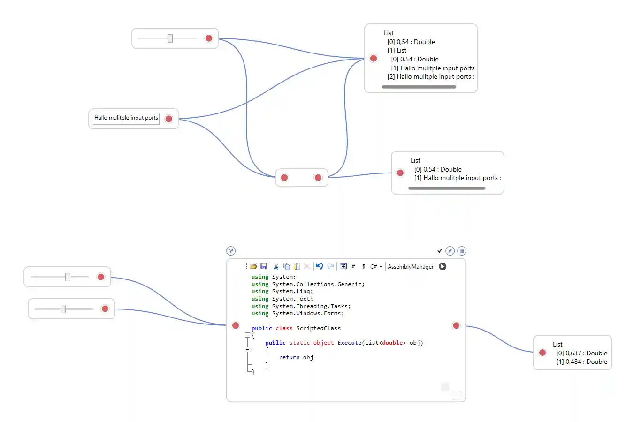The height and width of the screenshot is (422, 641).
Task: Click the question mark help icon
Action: (x=231, y=251)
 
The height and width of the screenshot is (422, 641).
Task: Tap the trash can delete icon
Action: (x=462, y=251)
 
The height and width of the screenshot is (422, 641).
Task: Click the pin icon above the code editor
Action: (x=450, y=251)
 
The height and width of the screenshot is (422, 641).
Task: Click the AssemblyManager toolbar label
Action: (x=411, y=267)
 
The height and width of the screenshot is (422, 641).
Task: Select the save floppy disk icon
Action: (x=264, y=266)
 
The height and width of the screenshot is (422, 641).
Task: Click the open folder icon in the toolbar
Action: (x=253, y=266)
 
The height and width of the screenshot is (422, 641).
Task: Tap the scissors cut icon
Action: (x=276, y=266)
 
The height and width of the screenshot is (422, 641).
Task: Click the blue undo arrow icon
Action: (x=320, y=266)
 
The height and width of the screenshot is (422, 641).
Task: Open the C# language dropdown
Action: (x=376, y=267)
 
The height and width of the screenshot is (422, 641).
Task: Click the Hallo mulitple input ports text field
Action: (x=126, y=118)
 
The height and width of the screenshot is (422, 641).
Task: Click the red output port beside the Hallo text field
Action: (x=169, y=119)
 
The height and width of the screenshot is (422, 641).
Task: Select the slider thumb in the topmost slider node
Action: (x=170, y=38)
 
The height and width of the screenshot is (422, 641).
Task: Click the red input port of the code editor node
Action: (x=236, y=325)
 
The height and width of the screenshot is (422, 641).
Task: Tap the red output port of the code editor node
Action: (x=456, y=325)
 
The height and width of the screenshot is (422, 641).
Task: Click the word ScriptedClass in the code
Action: (x=318, y=328)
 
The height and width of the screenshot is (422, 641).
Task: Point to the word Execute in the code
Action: (x=350, y=343)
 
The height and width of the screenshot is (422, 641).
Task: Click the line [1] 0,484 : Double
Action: (x=581, y=362)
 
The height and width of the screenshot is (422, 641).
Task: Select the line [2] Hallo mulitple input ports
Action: (x=430, y=77)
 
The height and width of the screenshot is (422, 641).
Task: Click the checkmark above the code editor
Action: (x=440, y=251)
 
